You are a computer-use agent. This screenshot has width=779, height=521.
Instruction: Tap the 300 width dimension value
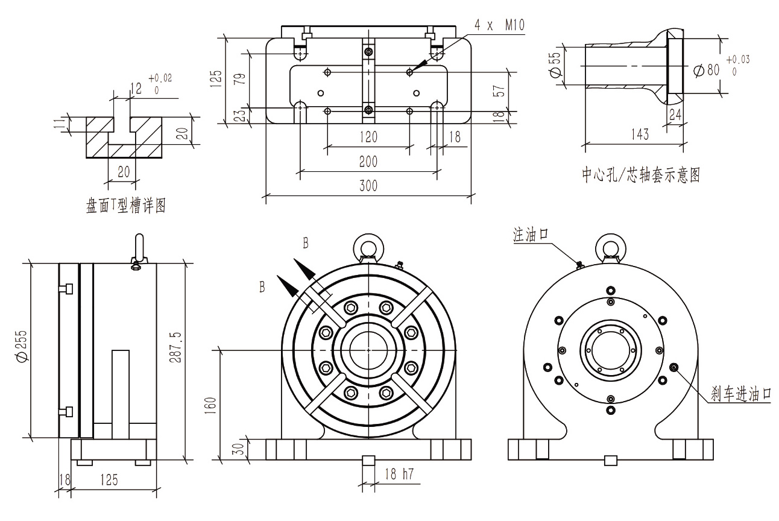point(368,186)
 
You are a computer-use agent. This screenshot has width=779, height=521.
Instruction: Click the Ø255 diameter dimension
point(22,349)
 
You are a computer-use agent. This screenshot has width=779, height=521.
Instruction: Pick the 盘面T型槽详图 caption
point(125,206)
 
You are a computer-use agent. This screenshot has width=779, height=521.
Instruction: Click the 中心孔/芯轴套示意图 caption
point(640,175)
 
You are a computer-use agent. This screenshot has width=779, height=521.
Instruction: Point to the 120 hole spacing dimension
point(368,137)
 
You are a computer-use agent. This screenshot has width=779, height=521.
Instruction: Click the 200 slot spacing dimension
point(368,162)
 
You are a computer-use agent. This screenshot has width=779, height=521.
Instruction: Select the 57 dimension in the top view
point(498,90)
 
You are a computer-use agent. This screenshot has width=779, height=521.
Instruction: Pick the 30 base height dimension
point(238,449)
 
